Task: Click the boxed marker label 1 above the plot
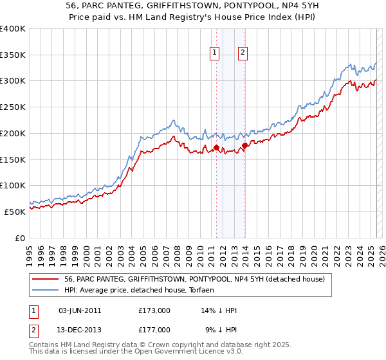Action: [214, 53]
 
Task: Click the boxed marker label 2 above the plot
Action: [243, 53]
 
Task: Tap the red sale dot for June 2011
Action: [216, 148]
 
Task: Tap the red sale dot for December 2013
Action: [245, 145]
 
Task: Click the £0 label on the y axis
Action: [21, 238]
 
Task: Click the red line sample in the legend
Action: [46, 279]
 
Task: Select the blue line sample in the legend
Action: [46, 290]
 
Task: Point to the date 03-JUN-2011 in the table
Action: [80, 310]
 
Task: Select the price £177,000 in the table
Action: [154, 330]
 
